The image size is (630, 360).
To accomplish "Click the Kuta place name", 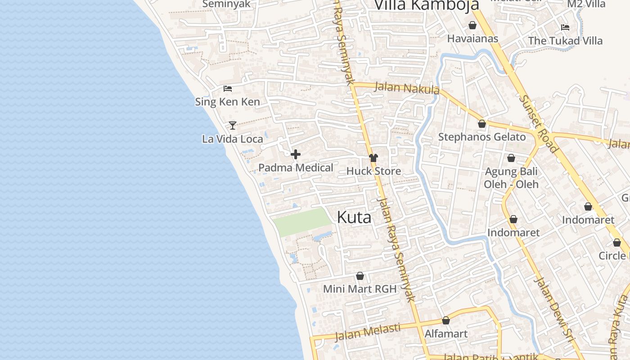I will coord(354,218).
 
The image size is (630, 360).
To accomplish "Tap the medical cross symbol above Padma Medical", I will coord(296,155).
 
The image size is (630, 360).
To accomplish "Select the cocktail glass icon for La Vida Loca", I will coord(233,125).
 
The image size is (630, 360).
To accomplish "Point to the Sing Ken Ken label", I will coord(227,102).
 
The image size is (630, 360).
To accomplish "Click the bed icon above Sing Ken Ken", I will coord(228,89).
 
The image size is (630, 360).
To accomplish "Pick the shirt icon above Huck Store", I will coord(373,158).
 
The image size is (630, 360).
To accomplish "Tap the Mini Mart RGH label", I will coord(360,289).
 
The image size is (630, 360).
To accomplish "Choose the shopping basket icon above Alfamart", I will coord(446,320).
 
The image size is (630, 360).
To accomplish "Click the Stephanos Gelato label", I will coord(482,137).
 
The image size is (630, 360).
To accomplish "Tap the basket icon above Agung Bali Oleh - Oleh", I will coord(511,158).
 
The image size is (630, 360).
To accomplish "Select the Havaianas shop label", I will coord(472,39).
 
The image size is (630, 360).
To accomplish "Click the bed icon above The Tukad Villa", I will coord(565,27).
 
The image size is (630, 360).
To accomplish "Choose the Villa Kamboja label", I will coord(426,5).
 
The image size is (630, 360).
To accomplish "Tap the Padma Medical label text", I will coord(296,168).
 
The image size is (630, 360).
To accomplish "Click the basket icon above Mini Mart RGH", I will coord(360,276).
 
